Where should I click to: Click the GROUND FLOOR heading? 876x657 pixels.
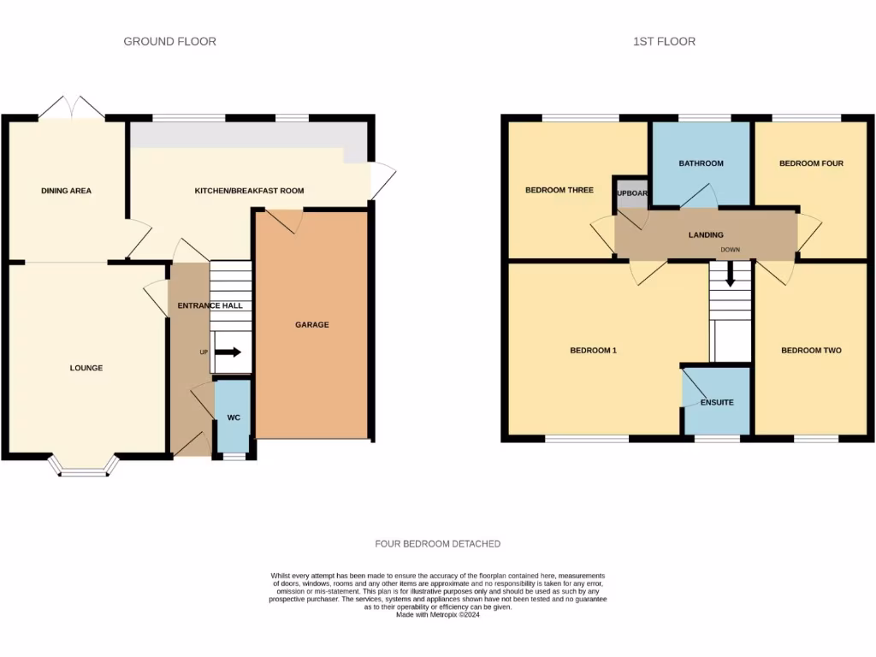pos(169,41)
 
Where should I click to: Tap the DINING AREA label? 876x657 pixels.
pos(66,191)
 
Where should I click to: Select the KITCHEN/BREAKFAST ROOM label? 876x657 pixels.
pos(249,191)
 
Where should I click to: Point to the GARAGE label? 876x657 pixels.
pos(312,324)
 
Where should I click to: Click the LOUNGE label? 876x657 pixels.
pos(86,368)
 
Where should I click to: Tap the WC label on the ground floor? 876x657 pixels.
pos(234,417)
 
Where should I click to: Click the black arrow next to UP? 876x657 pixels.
pos(228,352)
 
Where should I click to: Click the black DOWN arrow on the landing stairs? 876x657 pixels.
pos(730,276)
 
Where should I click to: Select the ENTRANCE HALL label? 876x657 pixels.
pos(210,305)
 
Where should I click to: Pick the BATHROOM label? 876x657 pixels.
pos(701,163)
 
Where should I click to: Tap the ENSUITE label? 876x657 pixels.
pos(716,402)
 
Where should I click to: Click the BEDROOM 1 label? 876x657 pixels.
pos(593,350)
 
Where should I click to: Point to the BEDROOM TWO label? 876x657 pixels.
pos(811,350)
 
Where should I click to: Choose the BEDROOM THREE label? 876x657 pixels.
pos(559,190)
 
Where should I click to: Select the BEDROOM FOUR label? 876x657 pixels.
pos(811,163)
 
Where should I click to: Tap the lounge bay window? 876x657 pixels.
pos(83,466)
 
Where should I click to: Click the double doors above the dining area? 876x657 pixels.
pos(72,108)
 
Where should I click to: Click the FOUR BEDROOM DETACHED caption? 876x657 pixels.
pos(437,544)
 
